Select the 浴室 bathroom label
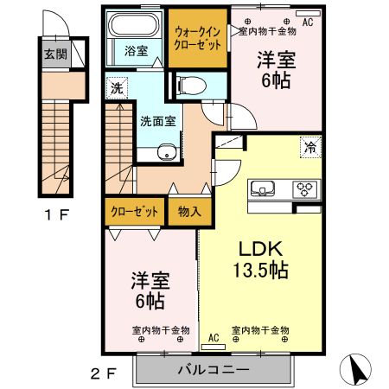[135, 51]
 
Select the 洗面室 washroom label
[158, 120]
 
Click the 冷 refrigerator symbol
[309, 147]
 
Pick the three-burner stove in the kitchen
[305, 188]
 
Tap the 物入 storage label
[189, 210]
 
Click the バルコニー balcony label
[215, 369]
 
